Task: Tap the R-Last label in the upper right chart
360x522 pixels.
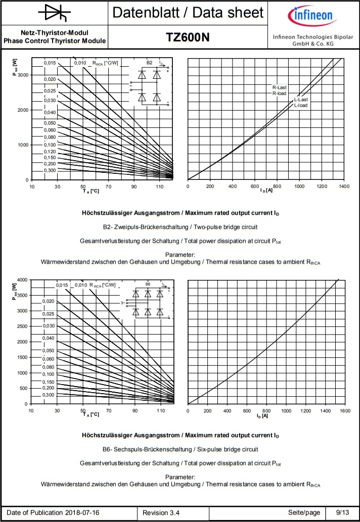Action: tap(280, 87)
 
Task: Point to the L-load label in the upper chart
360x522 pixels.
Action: tap(301, 105)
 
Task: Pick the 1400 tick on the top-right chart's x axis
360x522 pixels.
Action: tap(344, 186)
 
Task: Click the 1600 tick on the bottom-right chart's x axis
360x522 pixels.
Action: tap(345, 411)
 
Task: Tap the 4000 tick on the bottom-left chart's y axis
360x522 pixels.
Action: tap(22, 280)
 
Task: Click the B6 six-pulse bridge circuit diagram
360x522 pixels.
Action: tap(147, 302)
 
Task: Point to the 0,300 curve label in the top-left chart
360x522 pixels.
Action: tap(50, 170)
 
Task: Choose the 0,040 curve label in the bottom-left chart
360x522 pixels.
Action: tap(48, 338)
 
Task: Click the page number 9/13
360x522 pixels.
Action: tap(342, 512)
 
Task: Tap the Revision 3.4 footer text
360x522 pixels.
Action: tap(161, 512)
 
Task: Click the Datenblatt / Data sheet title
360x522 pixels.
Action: tap(188, 13)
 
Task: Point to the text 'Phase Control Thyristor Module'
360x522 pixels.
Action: tap(55, 41)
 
